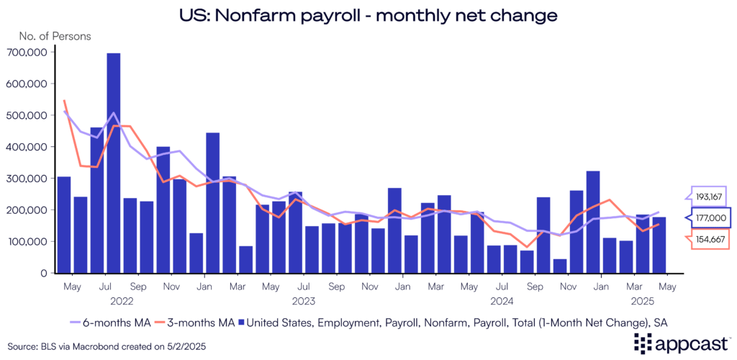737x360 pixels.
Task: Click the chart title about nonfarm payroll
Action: click(x=368, y=14)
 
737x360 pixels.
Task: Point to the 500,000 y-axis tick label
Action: click(x=27, y=115)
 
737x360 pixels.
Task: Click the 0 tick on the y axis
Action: click(x=44, y=274)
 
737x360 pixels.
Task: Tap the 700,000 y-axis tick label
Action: click(x=27, y=52)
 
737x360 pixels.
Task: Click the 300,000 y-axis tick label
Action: click(x=27, y=179)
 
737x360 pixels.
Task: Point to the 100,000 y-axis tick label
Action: click(x=27, y=242)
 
